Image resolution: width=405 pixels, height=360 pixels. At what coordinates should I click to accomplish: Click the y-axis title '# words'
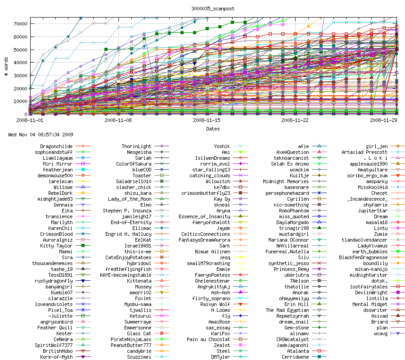click(x=7, y=66)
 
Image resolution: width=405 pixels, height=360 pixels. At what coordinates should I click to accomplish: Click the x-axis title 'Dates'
click(x=213, y=129)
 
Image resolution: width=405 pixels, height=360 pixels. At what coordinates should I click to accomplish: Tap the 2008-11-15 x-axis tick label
click(x=207, y=121)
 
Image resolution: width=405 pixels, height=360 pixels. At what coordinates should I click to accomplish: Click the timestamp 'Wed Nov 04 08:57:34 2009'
click(x=41, y=135)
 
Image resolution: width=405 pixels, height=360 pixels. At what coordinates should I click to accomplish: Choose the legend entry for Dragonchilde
click(x=56, y=146)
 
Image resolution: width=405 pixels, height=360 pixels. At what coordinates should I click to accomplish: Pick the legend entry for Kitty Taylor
click(x=56, y=246)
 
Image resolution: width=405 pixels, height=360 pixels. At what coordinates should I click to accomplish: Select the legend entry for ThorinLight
click(x=136, y=146)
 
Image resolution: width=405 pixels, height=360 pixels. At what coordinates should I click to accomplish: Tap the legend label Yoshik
click(x=222, y=146)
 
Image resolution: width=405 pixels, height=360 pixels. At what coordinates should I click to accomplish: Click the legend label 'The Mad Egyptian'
click(x=287, y=310)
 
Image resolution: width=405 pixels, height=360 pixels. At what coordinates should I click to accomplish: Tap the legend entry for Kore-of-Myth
click(x=56, y=357)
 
